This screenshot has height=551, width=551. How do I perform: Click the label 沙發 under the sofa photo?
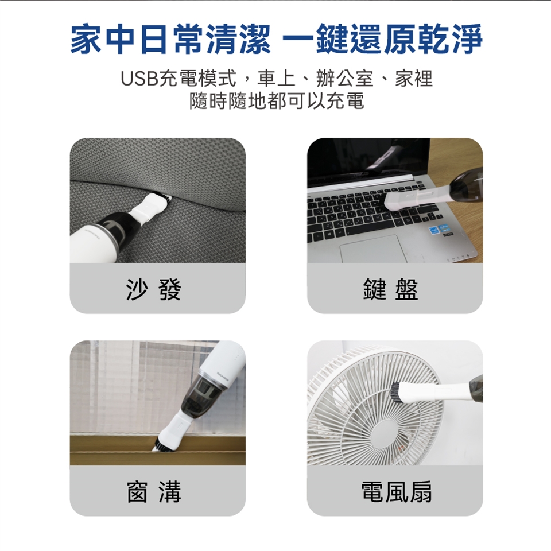click(154, 289)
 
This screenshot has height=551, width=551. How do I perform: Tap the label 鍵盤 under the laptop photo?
click(391, 289)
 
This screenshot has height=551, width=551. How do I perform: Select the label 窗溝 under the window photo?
click(154, 491)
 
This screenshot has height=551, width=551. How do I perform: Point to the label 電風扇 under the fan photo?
click(397, 491)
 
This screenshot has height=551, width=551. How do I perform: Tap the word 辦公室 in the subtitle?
click(344, 79)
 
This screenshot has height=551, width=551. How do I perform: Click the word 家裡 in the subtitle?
click(414, 79)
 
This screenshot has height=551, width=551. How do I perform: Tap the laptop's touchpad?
click(372, 249)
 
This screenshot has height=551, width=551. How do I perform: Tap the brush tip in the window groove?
click(162, 444)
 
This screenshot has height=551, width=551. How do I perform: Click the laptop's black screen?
click(368, 162)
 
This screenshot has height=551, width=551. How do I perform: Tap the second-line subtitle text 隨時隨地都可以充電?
click(277, 101)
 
